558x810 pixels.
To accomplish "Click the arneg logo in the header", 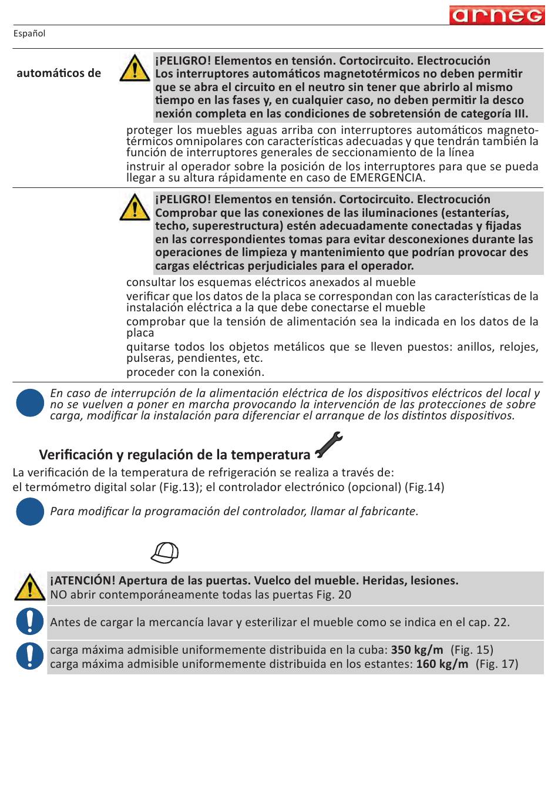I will [497, 15].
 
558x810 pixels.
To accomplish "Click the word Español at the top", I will [29, 33].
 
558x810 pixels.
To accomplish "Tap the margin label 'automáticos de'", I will [59, 73].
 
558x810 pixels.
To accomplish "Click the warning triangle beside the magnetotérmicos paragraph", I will [135, 68].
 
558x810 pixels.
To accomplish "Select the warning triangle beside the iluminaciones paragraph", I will [135, 207].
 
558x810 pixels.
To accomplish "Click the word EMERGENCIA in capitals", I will [386, 178].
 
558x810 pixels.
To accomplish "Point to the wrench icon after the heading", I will [328, 445].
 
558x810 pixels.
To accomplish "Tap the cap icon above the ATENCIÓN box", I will [164, 552].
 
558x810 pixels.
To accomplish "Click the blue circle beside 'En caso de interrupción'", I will [30, 403].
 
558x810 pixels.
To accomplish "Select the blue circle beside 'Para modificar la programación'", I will [30, 512].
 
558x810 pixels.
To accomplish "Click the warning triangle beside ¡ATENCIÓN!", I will [30, 587].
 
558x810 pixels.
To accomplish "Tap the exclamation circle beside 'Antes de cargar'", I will [30, 621].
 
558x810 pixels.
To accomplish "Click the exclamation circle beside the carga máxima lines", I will [30, 656].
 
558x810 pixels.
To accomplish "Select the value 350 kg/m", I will [417, 650].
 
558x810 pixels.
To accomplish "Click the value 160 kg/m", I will [442, 664].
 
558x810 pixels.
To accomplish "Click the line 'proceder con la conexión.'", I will [195, 372].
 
